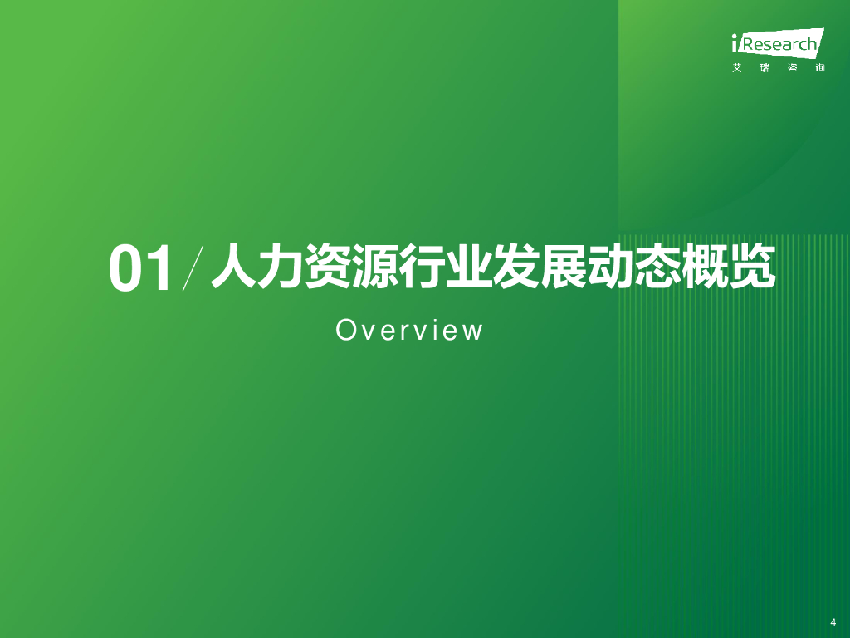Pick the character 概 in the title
coord(706,266)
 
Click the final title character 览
coord(753,266)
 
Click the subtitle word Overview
coord(409,331)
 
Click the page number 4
coord(833,621)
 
